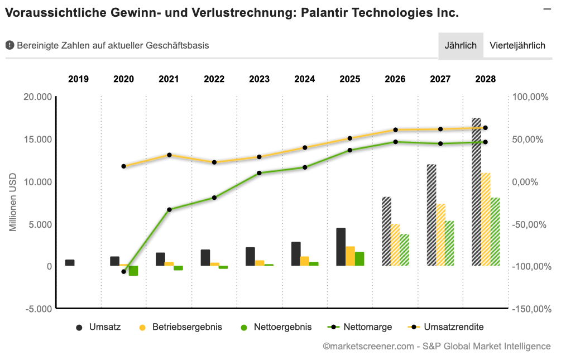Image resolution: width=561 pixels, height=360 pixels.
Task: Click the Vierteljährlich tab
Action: (x=517, y=45)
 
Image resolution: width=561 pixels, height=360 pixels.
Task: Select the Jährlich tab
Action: (x=461, y=45)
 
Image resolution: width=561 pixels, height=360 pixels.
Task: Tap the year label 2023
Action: (x=259, y=79)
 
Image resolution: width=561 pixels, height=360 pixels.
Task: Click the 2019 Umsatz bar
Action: (x=70, y=263)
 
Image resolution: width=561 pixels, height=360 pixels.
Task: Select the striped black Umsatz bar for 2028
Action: (x=476, y=192)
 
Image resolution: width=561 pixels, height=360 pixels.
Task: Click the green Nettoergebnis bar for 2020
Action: (x=133, y=271)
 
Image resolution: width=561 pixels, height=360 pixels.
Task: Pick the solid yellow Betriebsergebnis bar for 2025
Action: (x=350, y=256)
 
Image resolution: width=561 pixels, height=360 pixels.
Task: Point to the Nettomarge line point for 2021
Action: (x=169, y=209)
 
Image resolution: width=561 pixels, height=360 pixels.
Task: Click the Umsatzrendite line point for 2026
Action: (x=395, y=130)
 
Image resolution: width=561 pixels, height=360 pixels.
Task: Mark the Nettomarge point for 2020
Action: (x=124, y=272)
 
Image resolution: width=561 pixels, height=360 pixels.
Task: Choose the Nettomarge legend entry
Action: (x=359, y=327)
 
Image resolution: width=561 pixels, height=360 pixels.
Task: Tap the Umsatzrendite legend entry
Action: (x=446, y=327)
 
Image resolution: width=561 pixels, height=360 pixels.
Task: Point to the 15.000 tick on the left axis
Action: (x=38, y=140)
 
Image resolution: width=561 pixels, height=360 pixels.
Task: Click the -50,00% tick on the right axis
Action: (x=530, y=225)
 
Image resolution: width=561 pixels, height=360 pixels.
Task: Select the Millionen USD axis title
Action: (x=13, y=202)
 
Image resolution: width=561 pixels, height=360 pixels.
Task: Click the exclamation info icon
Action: (x=9, y=45)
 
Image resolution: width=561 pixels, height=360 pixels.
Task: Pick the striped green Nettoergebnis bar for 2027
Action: (x=449, y=243)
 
